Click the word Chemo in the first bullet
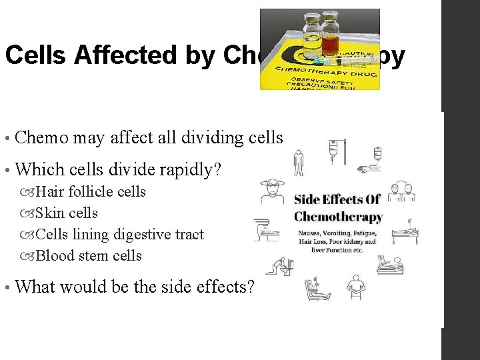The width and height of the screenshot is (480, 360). click(x=41, y=138)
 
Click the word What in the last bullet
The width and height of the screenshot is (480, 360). click(x=37, y=287)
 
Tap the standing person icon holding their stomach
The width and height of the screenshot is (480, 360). click(x=355, y=287)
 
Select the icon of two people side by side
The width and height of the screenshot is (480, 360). click(x=401, y=191)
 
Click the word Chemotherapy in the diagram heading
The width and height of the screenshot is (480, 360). click(x=338, y=217)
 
